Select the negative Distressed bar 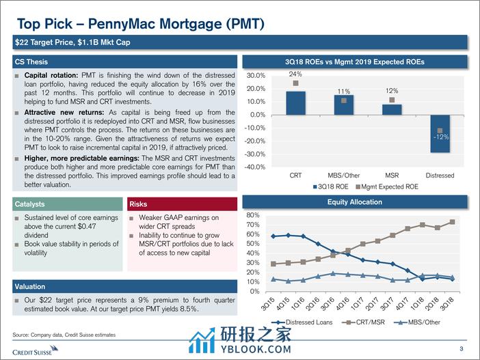pyautogui.click(x=440, y=133)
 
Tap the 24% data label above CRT pyautogui.click(x=295, y=74)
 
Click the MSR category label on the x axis pyautogui.click(x=392, y=176)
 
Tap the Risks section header pyautogui.click(x=139, y=204)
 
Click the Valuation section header pyautogui.click(x=31, y=287)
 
